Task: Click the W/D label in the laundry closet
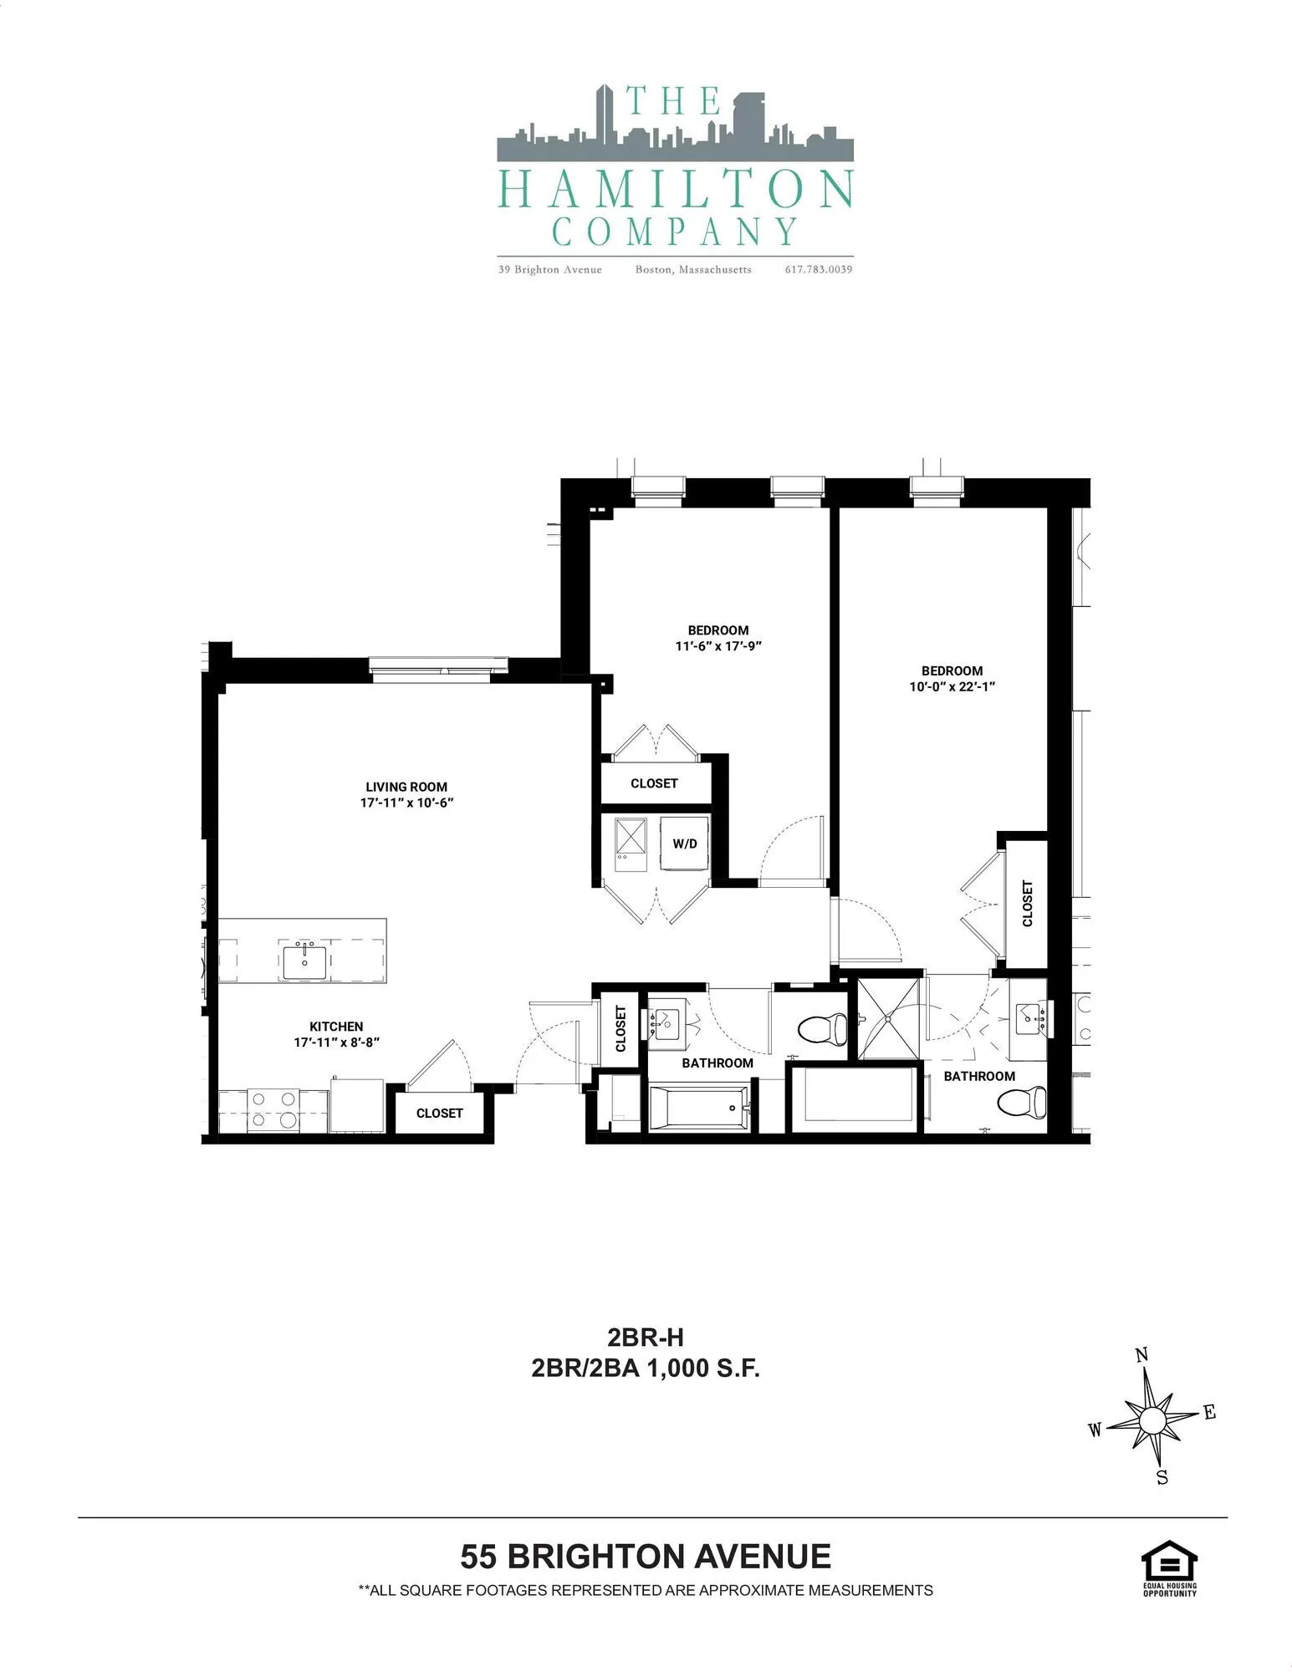point(685,844)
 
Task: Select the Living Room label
point(406,787)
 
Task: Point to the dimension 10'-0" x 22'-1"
point(952,687)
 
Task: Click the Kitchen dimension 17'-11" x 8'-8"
point(337,1042)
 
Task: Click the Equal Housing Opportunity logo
point(1169,1567)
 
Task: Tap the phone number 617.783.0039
point(818,269)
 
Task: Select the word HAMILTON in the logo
point(675,190)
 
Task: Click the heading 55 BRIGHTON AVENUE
point(646,1557)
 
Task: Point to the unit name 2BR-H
point(646,1338)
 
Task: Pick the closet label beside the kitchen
point(439,1113)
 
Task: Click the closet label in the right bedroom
point(1027,904)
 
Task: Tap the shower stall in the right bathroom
point(888,1018)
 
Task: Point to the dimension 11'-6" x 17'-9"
point(718,646)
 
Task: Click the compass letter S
point(1162,1478)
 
